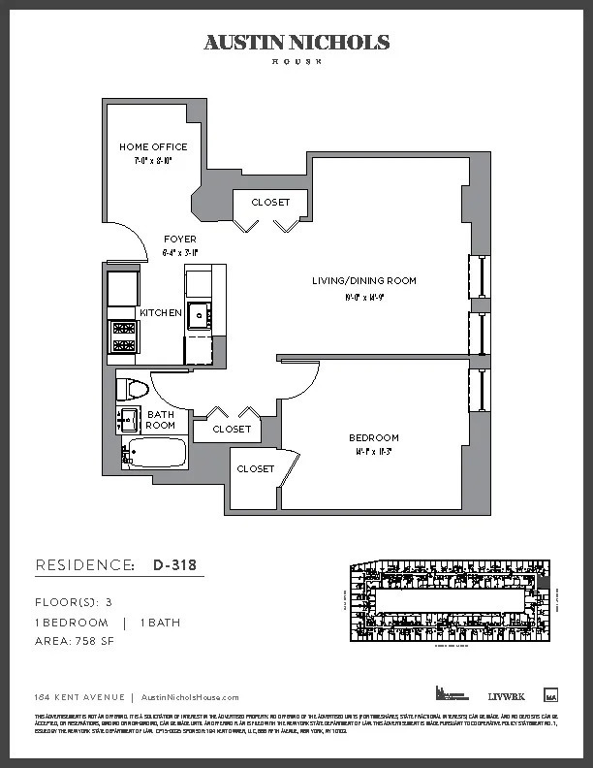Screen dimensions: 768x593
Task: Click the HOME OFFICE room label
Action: (153, 147)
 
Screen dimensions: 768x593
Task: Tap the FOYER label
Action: (179, 239)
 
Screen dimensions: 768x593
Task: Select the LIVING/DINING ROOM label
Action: (363, 281)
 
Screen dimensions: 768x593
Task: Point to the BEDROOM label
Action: (374, 438)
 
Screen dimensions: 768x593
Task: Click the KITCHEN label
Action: (160, 313)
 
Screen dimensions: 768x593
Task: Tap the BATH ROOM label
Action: (161, 420)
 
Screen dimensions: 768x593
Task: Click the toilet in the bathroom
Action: (130, 391)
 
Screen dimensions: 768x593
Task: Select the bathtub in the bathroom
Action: (157, 454)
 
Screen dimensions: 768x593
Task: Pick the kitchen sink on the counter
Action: (199, 315)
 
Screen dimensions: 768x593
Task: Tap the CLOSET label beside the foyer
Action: (270, 203)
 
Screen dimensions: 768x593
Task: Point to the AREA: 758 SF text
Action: (75, 642)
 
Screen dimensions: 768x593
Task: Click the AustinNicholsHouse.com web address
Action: (190, 697)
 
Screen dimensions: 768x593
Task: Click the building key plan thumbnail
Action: (449, 601)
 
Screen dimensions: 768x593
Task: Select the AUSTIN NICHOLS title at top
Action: (296, 42)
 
